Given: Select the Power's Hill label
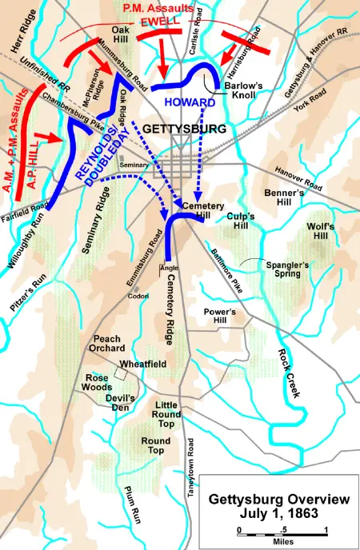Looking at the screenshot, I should pyautogui.click(x=220, y=317).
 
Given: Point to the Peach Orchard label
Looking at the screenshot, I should pyautogui.click(x=109, y=344).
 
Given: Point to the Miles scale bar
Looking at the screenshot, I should pyautogui.click(x=282, y=532).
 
